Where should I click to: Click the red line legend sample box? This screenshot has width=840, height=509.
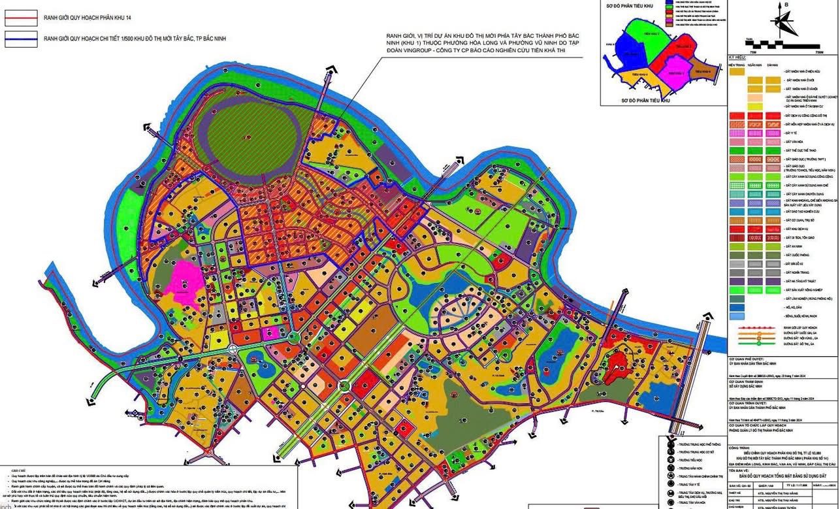click(x=20, y=11)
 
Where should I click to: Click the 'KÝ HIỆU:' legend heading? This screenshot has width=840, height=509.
click(x=739, y=58)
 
